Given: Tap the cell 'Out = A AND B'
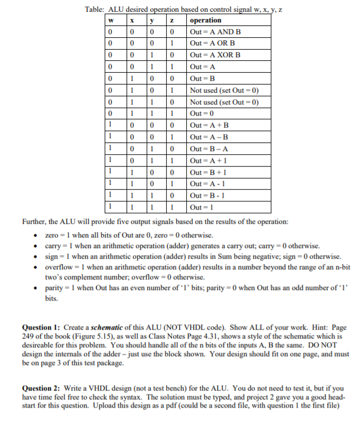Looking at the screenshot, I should coord(215,32).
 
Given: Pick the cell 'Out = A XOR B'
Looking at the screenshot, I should coord(215,55).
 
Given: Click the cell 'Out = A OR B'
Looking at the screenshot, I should coord(212,44).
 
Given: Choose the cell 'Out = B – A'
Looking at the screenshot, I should coord(209,148).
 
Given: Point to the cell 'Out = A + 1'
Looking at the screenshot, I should coord(209,160).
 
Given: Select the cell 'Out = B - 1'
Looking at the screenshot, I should coord(208,195).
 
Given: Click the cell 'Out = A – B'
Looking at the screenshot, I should coord(209,136).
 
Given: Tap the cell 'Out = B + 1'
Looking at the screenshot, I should coord(209,171).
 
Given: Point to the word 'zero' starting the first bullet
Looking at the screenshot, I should coord(51,235).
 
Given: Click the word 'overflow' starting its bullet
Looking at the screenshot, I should coord(57,268).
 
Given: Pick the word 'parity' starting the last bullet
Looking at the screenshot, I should coord(54,288).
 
